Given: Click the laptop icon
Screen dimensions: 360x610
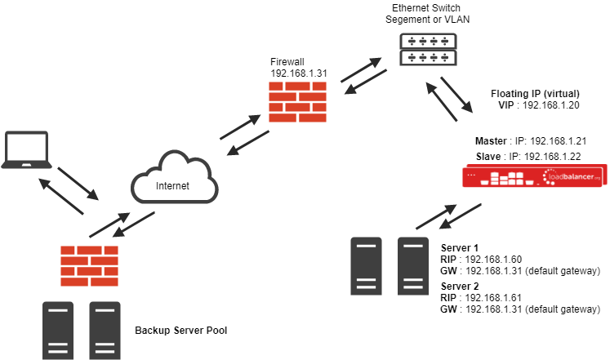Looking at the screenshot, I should [x=26, y=150].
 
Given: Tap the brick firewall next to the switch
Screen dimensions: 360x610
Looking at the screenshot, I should [x=297, y=102].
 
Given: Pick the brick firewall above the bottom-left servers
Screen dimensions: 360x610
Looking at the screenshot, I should [x=89, y=265].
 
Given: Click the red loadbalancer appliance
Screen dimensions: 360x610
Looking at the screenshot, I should [x=533, y=176].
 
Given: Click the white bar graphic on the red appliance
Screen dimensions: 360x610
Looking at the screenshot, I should [x=505, y=178].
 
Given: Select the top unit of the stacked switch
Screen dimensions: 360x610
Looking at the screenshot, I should [x=428, y=40].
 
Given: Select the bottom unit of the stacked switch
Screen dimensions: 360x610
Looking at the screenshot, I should [x=428, y=58].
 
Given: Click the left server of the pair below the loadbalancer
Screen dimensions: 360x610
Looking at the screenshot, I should [x=366, y=266].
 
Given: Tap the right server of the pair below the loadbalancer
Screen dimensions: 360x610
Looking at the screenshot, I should [x=413, y=266].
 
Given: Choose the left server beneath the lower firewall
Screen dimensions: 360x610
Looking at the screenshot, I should [x=58, y=330].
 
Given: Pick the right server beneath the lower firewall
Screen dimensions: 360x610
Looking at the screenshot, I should [x=105, y=330].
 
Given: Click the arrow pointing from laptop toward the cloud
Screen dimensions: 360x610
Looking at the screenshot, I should [x=79, y=184].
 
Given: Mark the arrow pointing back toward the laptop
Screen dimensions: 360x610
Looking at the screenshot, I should [x=61, y=197].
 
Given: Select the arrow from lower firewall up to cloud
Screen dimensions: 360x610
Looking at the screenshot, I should [x=109, y=225].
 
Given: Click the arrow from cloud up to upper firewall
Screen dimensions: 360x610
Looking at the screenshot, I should [x=240, y=127].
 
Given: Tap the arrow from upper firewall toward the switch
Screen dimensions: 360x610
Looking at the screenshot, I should [x=361, y=70].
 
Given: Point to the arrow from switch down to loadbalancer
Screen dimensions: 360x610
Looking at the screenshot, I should [x=456, y=95].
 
